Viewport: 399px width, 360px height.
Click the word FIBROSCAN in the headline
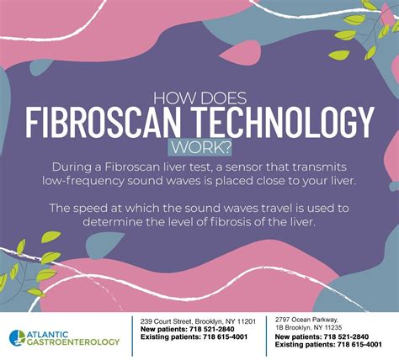pos(103,122)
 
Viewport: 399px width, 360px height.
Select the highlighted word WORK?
pos(199,148)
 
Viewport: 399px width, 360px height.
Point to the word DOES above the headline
pos(222,98)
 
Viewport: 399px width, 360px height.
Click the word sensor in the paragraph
pos(244,167)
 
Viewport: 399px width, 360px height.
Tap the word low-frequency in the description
pos(83,181)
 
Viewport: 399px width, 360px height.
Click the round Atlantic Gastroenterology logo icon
pos(17,338)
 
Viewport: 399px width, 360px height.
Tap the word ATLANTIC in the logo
pos(47,335)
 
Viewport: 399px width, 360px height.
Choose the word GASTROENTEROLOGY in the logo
pos(73,342)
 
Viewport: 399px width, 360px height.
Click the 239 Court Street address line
pos(198,321)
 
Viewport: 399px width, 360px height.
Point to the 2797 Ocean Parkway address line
pos(306,320)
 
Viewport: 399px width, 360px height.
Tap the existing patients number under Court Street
pos(226,336)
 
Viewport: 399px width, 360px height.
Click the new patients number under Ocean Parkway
pos(346,336)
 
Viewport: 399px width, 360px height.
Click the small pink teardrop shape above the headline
pos(241,53)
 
